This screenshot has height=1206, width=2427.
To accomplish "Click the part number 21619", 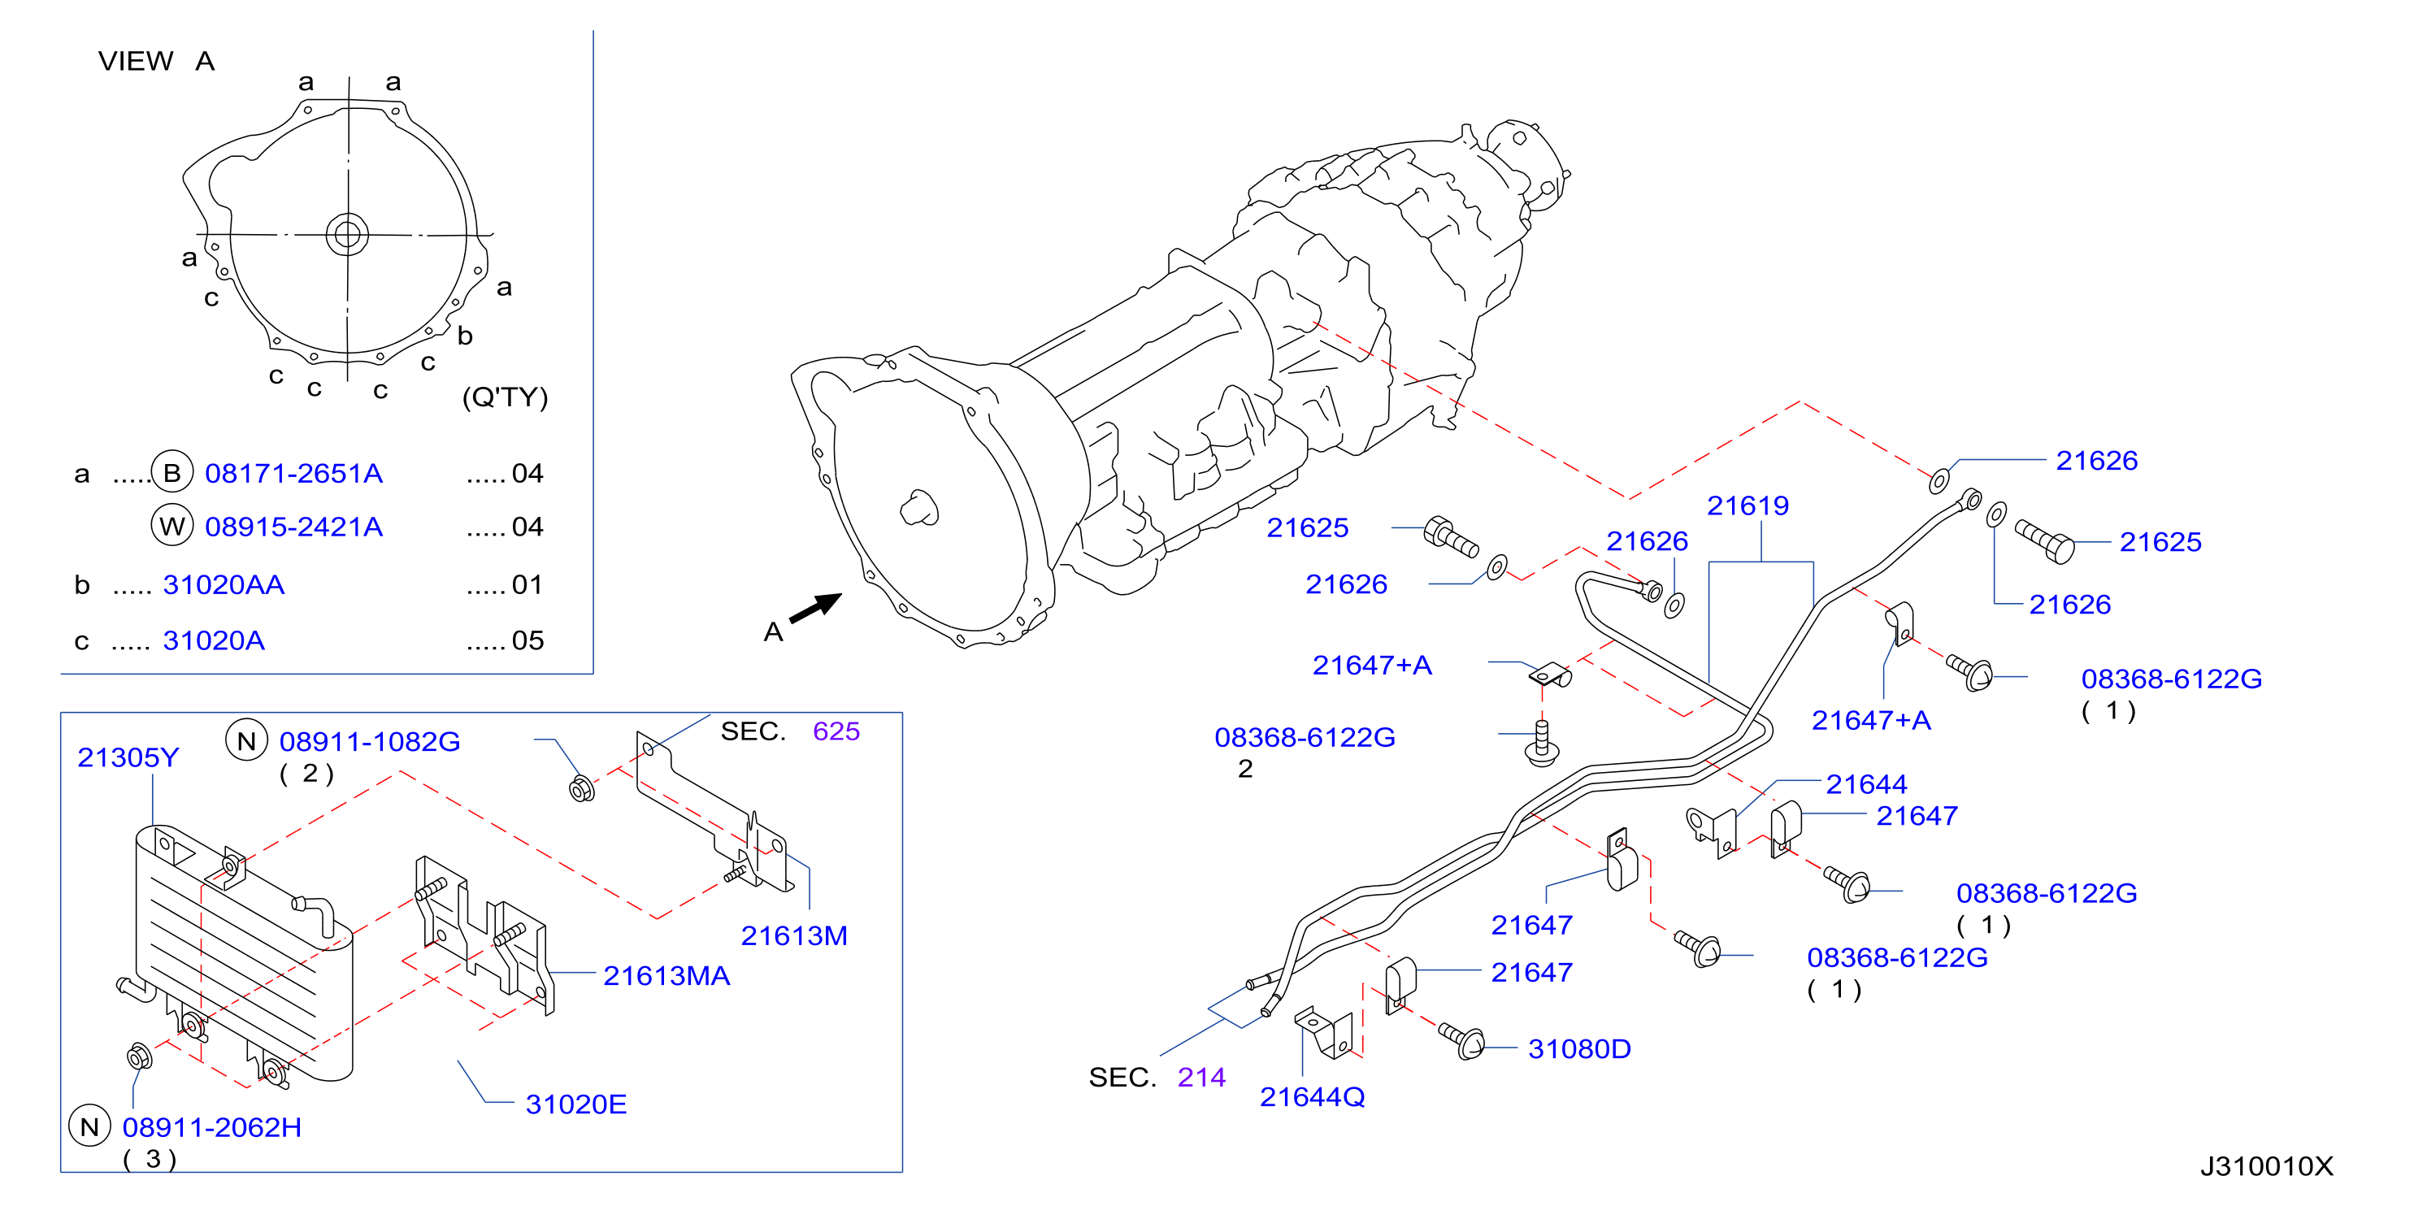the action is [1748, 506].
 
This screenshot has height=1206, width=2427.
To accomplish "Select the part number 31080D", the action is [1579, 1048].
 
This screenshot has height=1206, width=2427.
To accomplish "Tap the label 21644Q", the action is [1313, 1097].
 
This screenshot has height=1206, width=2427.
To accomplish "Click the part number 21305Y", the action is [128, 757].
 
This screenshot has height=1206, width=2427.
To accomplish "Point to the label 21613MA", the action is [666, 975].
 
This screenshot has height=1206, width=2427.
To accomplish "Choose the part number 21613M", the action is [794, 935].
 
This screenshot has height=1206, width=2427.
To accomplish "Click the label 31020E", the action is [575, 1104].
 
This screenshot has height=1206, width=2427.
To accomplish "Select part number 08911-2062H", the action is [212, 1127].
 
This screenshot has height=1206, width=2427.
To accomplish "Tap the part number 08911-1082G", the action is [369, 741].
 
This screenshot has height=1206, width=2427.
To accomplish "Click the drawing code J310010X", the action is [2267, 1166].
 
